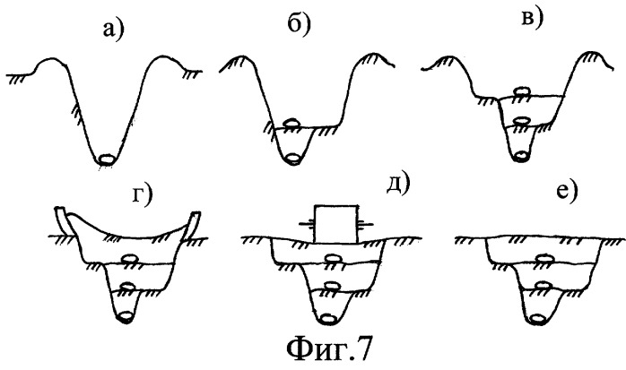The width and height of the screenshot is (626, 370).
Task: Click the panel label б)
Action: click(299, 25)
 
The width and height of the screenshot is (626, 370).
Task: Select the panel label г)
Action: click(143, 196)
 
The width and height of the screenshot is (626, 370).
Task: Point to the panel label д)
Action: click(398, 185)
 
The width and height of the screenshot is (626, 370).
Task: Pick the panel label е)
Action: click(567, 193)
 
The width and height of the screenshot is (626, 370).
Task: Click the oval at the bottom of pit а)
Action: click(106, 159)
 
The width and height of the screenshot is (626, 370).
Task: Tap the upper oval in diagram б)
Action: click(291, 124)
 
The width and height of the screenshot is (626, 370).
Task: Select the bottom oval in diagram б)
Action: click(293, 159)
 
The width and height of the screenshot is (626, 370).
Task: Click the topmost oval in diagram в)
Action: click(522, 91)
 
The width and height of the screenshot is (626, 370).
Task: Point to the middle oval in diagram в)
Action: click(522, 121)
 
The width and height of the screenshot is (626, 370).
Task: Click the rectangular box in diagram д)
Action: click(336, 224)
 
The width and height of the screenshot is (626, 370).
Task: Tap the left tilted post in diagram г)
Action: click(63, 222)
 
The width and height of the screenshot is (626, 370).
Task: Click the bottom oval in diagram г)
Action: click(126, 316)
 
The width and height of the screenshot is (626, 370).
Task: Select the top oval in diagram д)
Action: click(332, 259)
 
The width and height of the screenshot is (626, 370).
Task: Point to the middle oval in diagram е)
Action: click(543, 286)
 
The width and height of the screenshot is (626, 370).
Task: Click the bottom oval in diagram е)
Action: click(539, 318)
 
